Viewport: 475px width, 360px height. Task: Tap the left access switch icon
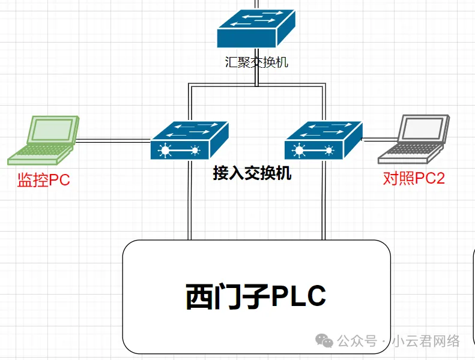coord(189,140)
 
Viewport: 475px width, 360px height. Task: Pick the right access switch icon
coord(324,140)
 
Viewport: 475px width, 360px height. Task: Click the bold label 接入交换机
coord(252,174)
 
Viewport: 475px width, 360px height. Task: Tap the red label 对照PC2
coord(414,178)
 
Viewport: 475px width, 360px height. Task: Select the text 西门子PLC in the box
coord(256,296)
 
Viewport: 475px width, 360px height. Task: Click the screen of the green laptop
coord(52,131)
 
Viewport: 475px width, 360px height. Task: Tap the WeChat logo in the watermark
coord(325,341)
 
